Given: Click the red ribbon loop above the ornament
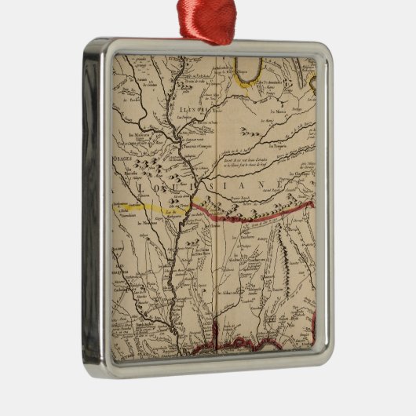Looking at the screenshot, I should [207, 20].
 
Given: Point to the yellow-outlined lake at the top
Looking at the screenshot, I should [248, 68].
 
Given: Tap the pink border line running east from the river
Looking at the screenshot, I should [251, 214].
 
